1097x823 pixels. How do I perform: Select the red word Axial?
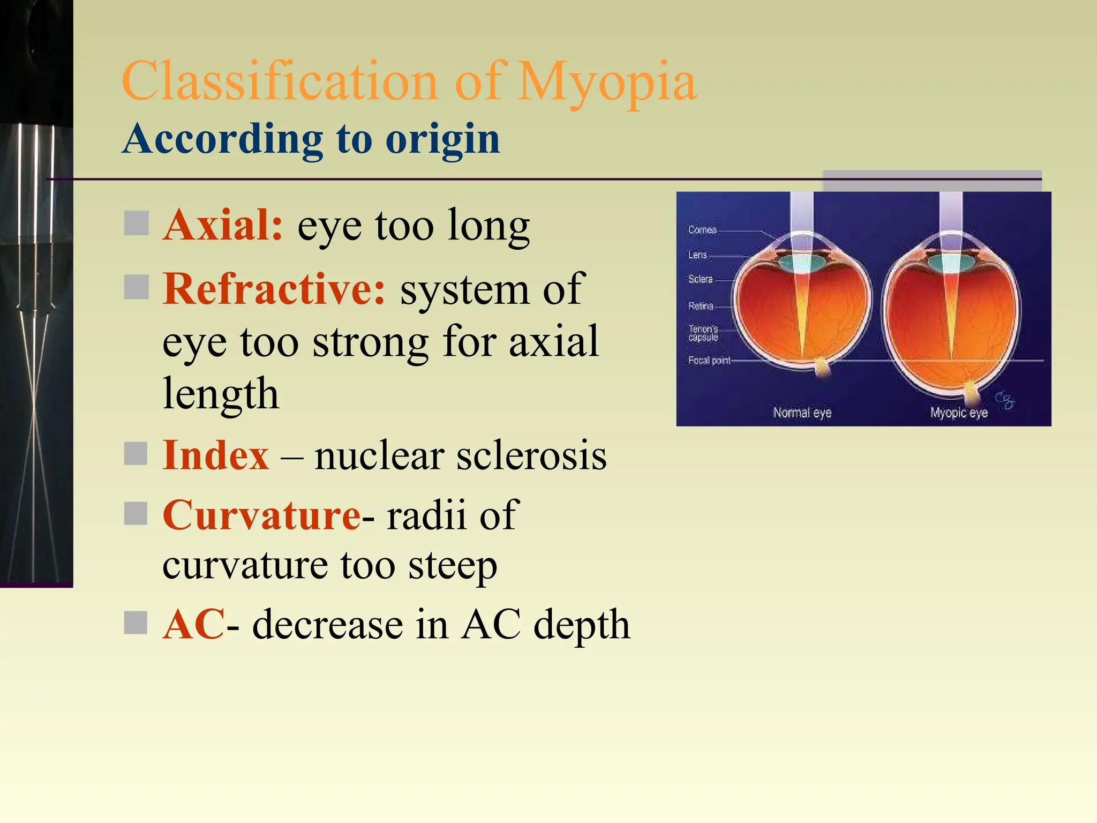pyautogui.click(x=223, y=225)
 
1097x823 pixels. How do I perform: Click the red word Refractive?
pyautogui.click(x=274, y=289)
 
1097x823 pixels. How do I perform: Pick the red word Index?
pyautogui.click(x=215, y=455)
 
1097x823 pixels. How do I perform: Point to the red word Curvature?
pyautogui.click(x=261, y=515)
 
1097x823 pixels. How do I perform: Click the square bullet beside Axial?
pyautogui.click(x=136, y=223)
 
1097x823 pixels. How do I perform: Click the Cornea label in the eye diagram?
pyautogui.click(x=702, y=230)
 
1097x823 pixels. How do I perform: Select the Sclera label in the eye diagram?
pyautogui.click(x=700, y=279)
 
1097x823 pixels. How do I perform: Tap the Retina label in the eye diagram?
pyautogui.click(x=701, y=306)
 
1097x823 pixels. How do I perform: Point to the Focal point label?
pyautogui.click(x=709, y=360)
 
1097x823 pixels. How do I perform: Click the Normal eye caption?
pyautogui.click(x=802, y=413)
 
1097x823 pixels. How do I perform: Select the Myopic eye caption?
pyautogui.click(x=958, y=413)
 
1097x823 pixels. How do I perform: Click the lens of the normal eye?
pyautogui.click(x=801, y=263)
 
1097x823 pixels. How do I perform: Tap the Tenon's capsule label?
pyautogui.click(x=703, y=333)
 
